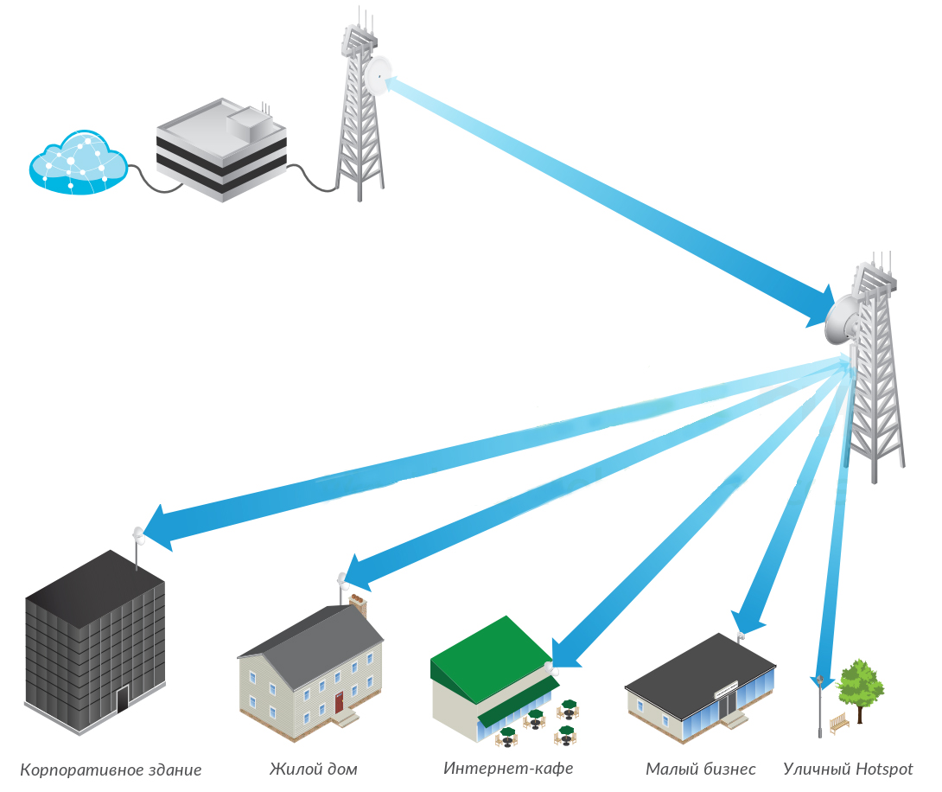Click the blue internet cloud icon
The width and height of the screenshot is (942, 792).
pos(78,163)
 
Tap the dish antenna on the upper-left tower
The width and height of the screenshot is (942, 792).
pos(378,75)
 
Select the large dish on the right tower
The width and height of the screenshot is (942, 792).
pos(841,319)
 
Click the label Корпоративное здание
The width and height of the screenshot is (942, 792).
pos(111,770)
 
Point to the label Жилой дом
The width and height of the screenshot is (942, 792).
pos(313,770)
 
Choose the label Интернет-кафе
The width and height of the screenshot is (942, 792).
pos(508,768)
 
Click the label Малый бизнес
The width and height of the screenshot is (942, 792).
pos(701,770)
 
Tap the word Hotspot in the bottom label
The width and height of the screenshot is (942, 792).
pos(884,770)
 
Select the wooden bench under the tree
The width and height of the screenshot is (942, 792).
pos(839,723)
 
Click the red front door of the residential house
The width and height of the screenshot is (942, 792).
pos(339,702)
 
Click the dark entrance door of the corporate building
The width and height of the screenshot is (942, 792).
pos(123,699)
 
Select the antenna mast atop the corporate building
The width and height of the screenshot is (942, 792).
pos(138,546)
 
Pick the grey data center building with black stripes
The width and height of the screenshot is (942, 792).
pos(222,150)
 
